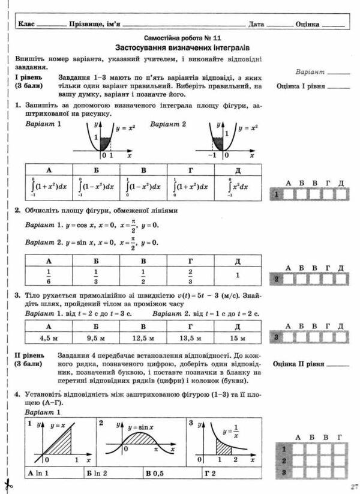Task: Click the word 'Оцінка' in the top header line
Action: (307, 25)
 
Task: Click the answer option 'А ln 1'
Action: (41, 474)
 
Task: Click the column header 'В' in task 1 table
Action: (143, 170)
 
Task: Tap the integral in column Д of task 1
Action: (238, 186)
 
